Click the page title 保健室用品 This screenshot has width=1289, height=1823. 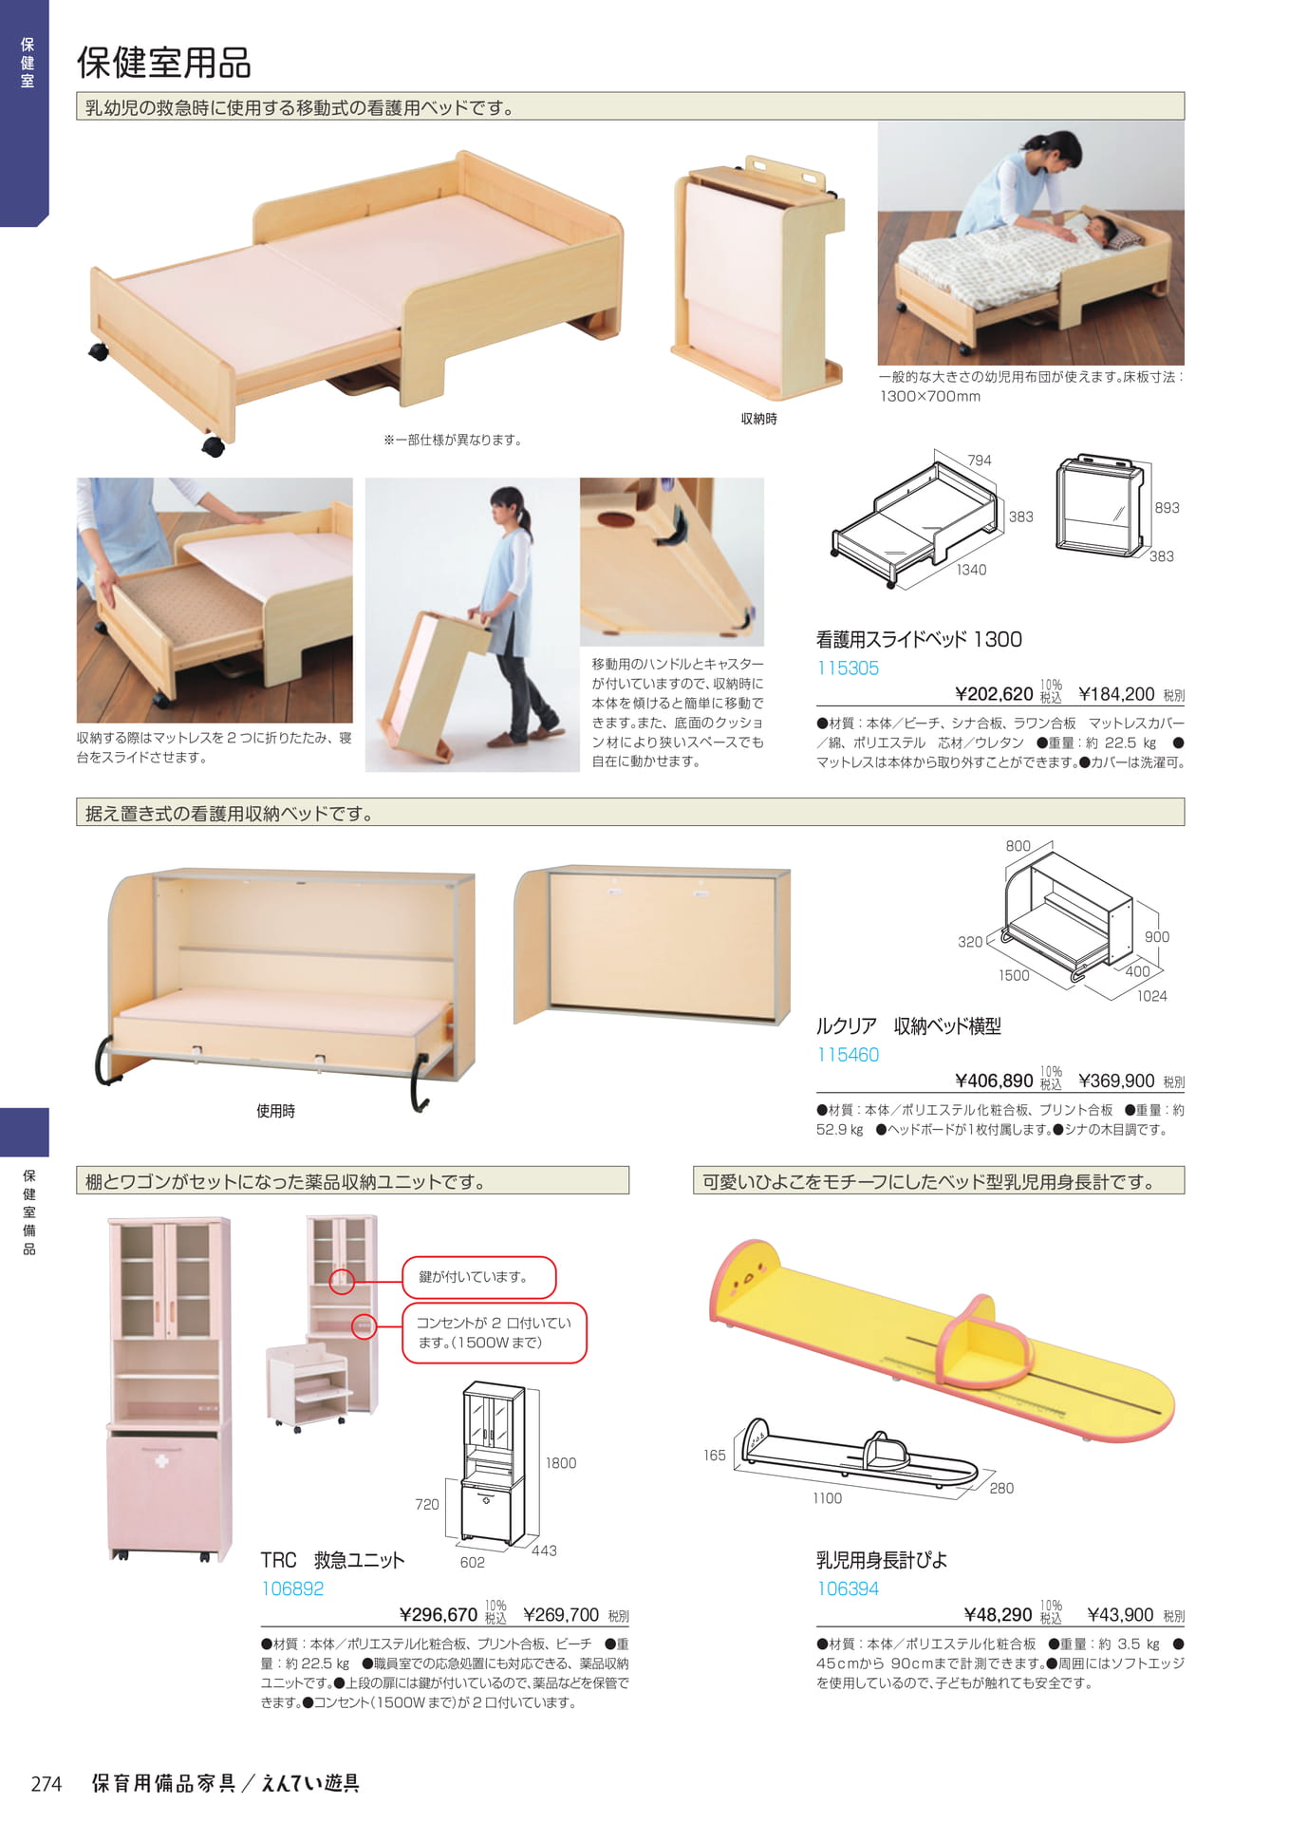pos(163,63)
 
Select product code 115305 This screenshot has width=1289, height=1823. pos(848,667)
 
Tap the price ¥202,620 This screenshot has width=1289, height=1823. pos(994,694)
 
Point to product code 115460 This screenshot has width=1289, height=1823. pos(848,1054)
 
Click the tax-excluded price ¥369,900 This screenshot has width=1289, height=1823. pos(1116,1081)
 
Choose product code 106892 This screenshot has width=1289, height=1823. pos(292,1588)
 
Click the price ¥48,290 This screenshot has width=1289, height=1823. pos(998,1614)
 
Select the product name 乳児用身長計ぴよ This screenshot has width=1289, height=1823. pos(882,1559)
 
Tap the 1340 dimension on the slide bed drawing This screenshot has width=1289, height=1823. pos(971,570)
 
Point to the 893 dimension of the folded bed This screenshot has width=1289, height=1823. pos(1167,508)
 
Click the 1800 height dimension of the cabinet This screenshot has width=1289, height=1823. pos(561,1463)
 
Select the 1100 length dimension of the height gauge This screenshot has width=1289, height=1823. pos(827,1498)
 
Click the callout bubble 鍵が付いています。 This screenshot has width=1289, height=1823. pos(479,1277)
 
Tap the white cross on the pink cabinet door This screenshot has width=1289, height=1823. pos(161,1460)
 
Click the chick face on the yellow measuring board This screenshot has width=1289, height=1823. pos(743,1281)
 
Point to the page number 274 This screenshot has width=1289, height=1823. pos(47,1784)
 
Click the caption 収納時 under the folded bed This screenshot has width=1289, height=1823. pos(759,419)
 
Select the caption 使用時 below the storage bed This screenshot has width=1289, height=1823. pos(275,1111)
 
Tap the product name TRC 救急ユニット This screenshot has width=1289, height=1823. pos(332,1559)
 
